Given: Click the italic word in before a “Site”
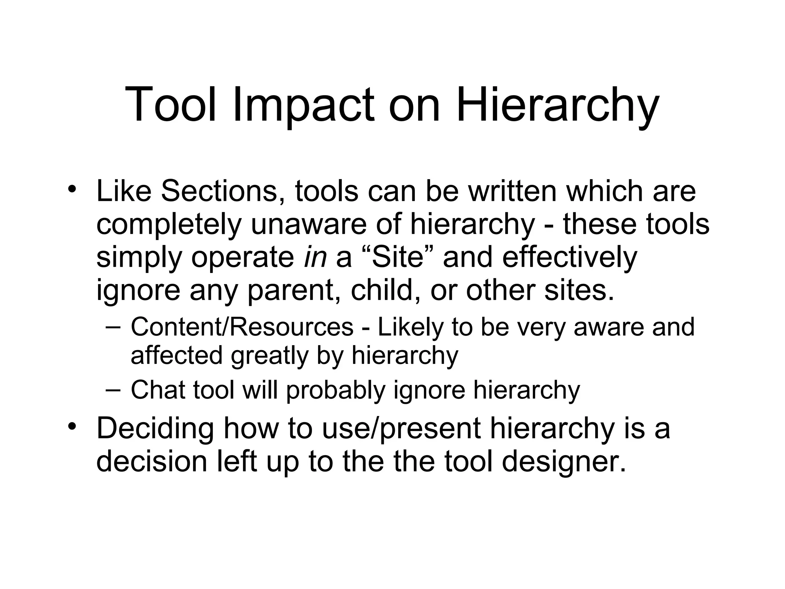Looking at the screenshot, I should [x=315, y=257].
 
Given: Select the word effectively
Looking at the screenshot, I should [x=569, y=257].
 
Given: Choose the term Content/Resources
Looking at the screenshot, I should [x=242, y=327].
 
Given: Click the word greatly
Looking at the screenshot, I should [x=270, y=355].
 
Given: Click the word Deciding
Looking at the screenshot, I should [x=155, y=428].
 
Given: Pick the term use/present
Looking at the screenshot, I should [x=401, y=428].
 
